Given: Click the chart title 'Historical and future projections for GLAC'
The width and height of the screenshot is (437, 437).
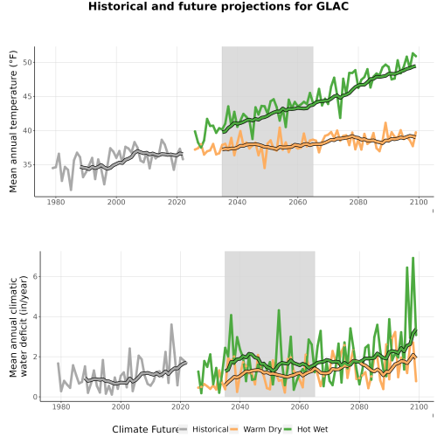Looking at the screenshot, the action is pyautogui.click(x=218, y=6).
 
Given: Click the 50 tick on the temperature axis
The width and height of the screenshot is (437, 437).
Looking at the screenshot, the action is pyautogui.click(x=27, y=63).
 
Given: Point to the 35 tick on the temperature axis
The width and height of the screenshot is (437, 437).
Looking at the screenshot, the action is pyautogui.click(x=27, y=165).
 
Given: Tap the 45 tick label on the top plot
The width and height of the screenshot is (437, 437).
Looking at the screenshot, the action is pyautogui.click(x=27, y=97).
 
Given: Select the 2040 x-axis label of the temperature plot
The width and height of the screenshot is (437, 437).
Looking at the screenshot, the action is pyautogui.click(x=237, y=202).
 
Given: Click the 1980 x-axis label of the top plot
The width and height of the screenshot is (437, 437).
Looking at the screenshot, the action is pyautogui.click(x=56, y=202).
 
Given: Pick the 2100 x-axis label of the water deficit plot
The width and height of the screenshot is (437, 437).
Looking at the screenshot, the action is pyautogui.click(x=419, y=406).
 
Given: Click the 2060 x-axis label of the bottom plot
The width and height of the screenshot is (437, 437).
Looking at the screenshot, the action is pyautogui.click(x=300, y=406).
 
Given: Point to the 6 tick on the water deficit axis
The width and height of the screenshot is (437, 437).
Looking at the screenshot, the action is pyautogui.click(x=35, y=276).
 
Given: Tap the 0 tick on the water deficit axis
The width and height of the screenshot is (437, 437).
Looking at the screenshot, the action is pyautogui.click(x=35, y=397).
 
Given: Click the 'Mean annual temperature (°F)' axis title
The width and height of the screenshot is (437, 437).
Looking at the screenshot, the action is pyautogui.click(x=13, y=121).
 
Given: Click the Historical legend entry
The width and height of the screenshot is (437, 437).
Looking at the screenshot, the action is pyautogui.click(x=204, y=429).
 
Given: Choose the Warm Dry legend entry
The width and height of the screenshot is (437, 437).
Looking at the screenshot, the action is pyautogui.click(x=255, y=429).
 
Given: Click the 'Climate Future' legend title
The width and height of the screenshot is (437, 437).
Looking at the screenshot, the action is pyautogui.click(x=145, y=429).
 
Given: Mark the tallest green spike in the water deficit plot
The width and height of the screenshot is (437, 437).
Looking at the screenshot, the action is pyautogui.click(x=413, y=258).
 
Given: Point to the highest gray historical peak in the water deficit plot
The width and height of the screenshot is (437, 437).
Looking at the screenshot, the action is pyautogui.click(x=171, y=324).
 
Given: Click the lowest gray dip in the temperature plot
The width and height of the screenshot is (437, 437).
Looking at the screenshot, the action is pyautogui.click(x=71, y=190).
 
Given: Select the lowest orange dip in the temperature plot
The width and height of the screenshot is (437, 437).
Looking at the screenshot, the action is pyautogui.click(x=265, y=168).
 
